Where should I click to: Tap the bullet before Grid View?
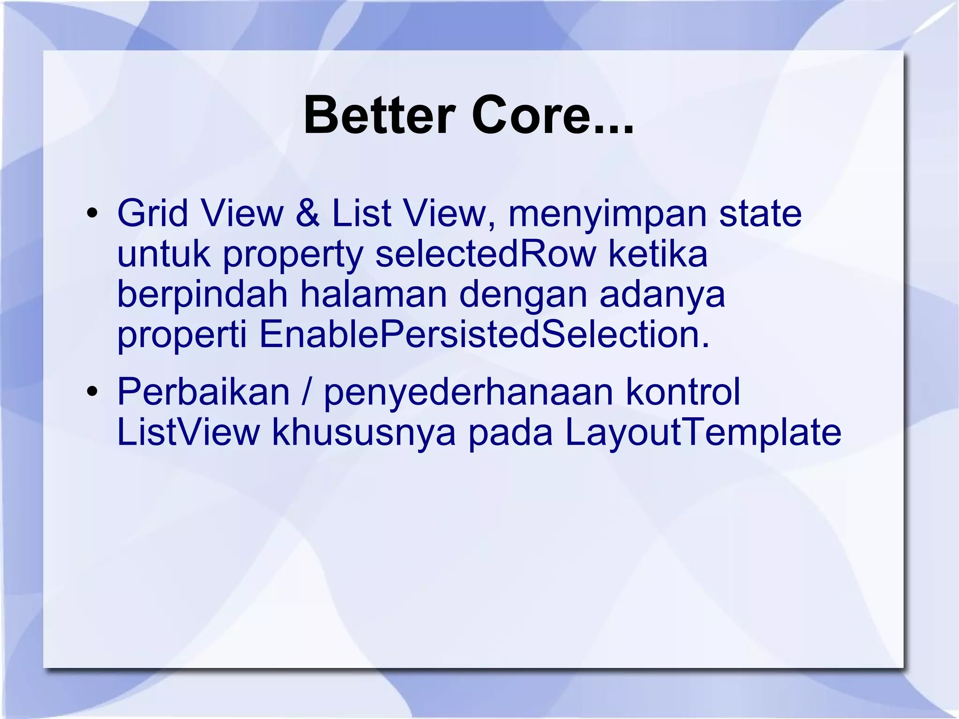[92, 214]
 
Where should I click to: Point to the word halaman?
[373, 294]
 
